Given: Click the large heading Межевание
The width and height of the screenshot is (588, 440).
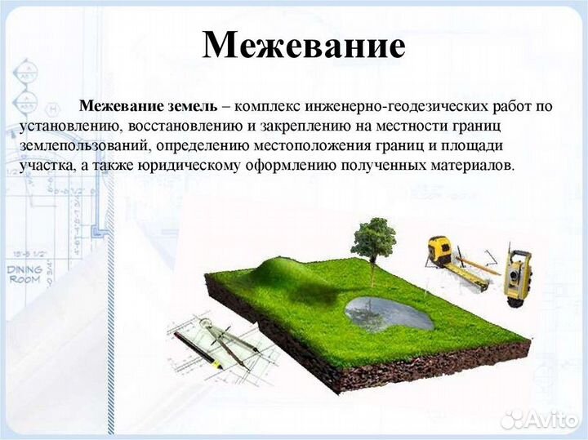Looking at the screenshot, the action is pyautogui.click(x=304, y=45).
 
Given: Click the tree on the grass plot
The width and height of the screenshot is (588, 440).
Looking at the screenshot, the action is pyautogui.click(x=373, y=247).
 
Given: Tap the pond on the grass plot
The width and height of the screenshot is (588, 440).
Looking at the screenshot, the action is pyautogui.click(x=389, y=314).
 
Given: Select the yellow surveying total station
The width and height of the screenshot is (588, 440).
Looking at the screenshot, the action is pyautogui.click(x=519, y=275).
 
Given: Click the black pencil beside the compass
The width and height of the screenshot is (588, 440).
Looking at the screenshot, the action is pyautogui.click(x=198, y=349).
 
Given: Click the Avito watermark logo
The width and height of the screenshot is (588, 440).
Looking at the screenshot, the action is pyautogui.click(x=540, y=420).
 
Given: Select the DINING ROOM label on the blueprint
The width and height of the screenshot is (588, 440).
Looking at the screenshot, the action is pyautogui.click(x=24, y=274).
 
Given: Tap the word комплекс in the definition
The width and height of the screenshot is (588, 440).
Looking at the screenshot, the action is pyautogui.click(x=268, y=107).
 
